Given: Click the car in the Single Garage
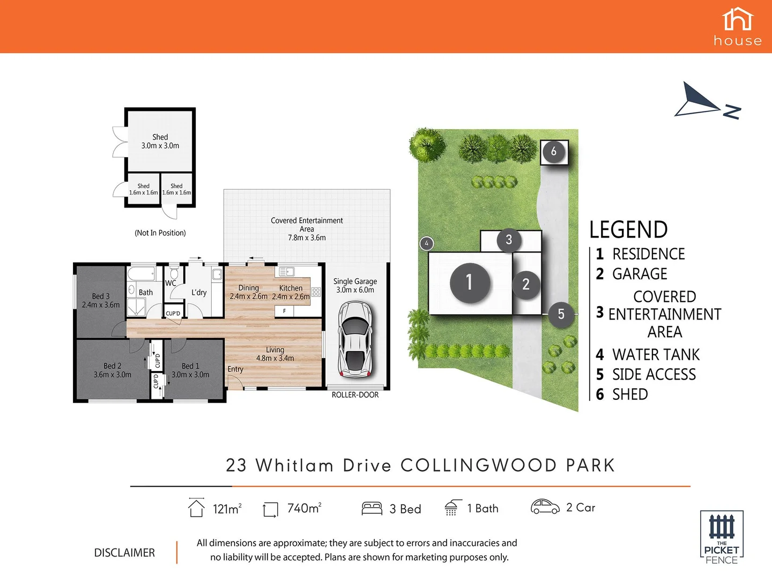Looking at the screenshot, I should (x=355, y=339).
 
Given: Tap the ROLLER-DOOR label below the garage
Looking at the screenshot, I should (x=355, y=395).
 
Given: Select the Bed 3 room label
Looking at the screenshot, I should (x=101, y=300).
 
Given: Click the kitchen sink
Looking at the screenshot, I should (x=286, y=272).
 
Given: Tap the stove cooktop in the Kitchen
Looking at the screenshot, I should (x=316, y=292).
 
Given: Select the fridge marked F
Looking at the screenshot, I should (x=284, y=311).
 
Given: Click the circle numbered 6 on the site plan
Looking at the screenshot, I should (x=554, y=152).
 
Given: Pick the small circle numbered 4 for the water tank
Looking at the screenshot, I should (x=427, y=243).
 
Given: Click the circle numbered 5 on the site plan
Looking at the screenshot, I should (x=561, y=314).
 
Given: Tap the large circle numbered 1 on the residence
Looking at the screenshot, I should (x=470, y=282).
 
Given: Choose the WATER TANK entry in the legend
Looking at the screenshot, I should (x=648, y=355).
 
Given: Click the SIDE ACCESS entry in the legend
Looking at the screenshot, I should (x=646, y=375).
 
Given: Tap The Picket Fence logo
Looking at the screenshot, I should (x=722, y=537).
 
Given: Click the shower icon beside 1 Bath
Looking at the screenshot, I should (x=452, y=508).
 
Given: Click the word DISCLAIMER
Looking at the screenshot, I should (x=124, y=553).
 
